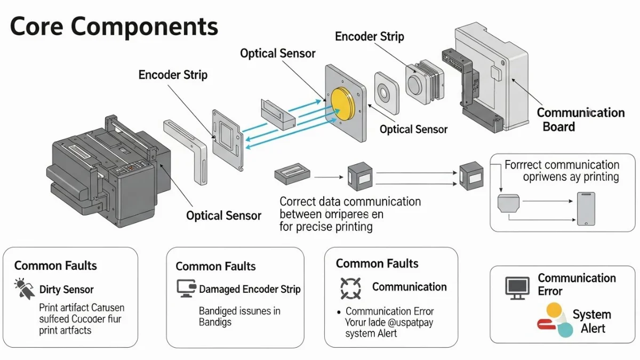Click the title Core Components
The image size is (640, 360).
coord(114,26)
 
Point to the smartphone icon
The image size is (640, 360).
coord(585,209)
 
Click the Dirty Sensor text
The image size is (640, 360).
coord(67,290)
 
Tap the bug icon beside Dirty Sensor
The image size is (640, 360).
coord(24,289)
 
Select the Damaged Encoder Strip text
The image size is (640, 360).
coord(250,290)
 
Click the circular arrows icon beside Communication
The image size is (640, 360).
coord(350,288)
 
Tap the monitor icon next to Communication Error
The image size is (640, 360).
coord(517,287)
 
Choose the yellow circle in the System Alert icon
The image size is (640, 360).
coord(555,310)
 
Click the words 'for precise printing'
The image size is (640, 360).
coord(326,227)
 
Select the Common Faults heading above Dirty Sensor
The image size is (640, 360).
coord(55,266)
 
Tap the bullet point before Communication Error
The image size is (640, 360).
coord(339,311)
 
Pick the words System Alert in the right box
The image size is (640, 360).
coord(591,321)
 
